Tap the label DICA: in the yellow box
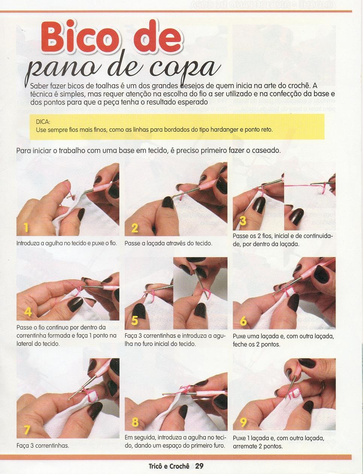pyautogui.click(x=43, y=122)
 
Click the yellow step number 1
pyautogui.click(x=26, y=227)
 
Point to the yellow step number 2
pyautogui.click(x=135, y=228)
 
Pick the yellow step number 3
pyautogui.click(x=243, y=220)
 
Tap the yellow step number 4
pyautogui.click(x=28, y=311)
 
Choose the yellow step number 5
pyautogui.click(x=135, y=321)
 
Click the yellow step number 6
pyautogui.click(x=243, y=321)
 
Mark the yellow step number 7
pyautogui.click(x=27, y=424)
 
